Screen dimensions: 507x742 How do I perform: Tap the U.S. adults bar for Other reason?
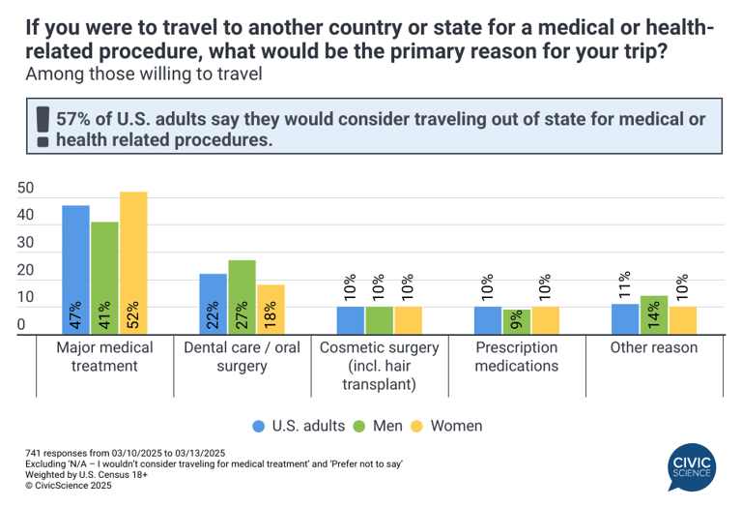[625, 319]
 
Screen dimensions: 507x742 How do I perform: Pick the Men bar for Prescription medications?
[516, 321]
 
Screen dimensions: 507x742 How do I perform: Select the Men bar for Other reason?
[653, 315]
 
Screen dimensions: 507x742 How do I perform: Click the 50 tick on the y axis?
[26, 188]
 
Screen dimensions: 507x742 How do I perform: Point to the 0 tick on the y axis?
[20, 326]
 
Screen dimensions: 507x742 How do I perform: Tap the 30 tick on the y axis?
[26, 243]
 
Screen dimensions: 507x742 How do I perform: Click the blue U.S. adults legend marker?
[259, 426]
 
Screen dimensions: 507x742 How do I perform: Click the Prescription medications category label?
[516, 356]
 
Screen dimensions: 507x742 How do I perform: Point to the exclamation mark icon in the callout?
[42, 126]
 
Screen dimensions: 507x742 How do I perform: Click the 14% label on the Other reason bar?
[653, 315]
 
